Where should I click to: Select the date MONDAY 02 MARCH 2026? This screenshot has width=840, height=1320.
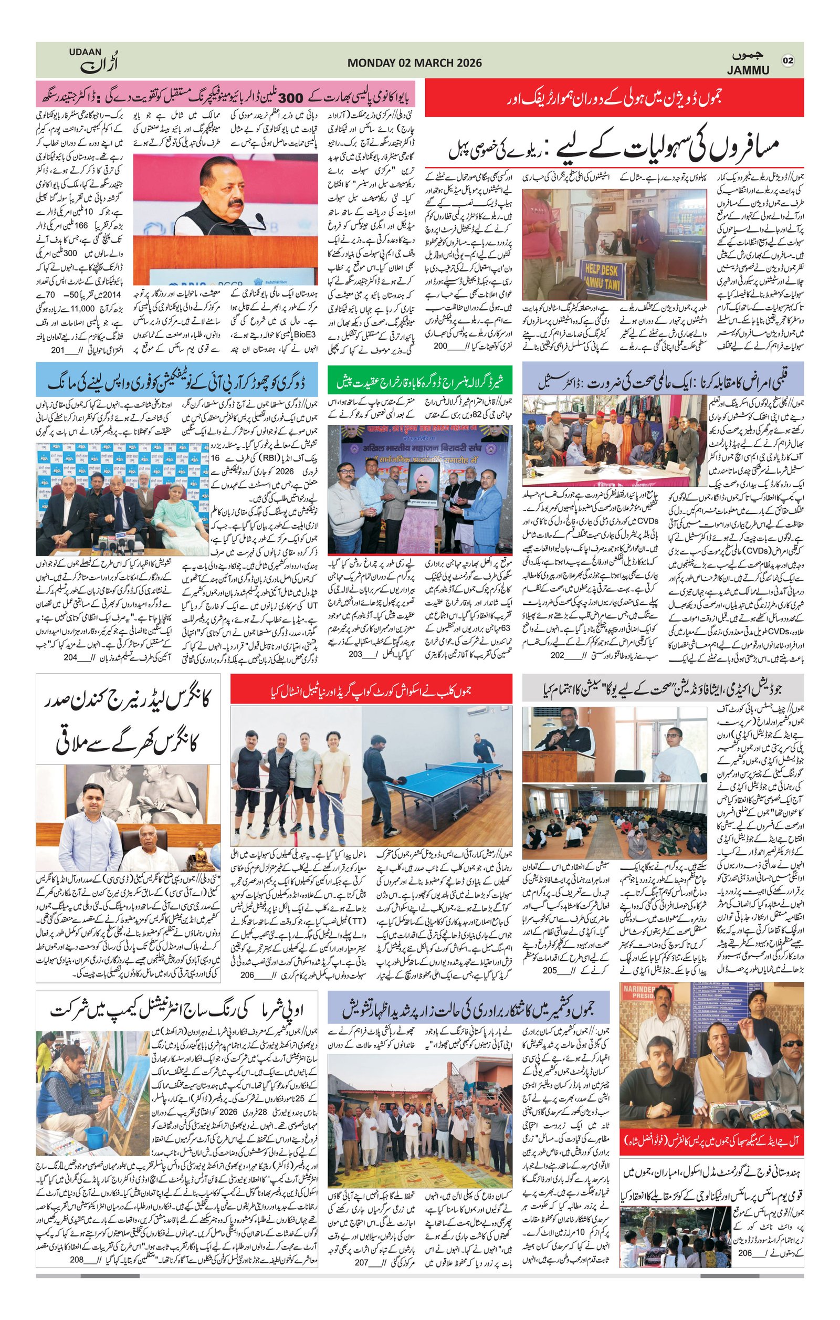coord(414,63)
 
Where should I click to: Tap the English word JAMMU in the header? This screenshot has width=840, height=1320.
coord(748,70)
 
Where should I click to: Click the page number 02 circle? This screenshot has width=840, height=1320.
coord(789,60)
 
